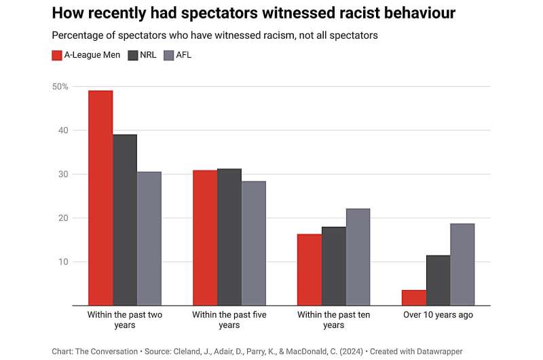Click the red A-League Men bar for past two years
pyautogui.click(x=100, y=198)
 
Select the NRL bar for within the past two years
pyautogui.click(x=125, y=220)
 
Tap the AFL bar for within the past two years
pyautogui.click(x=149, y=238)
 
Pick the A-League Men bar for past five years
pyautogui.click(x=205, y=238)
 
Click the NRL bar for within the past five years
pyautogui.click(x=229, y=237)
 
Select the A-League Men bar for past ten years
pyautogui.click(x=310, y=270)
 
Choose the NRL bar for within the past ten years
pyautogui.click(x=334, y=266)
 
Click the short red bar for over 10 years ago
pyautogui.click(x=414, y=298)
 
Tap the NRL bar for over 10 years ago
pyautogui.click(x=438, y=281)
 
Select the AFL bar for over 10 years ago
pyautogui.click(x=463, y=264)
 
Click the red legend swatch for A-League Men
pyautogui.click(x=57, y=55)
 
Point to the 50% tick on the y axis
pyautogui.click(x=60, y=86)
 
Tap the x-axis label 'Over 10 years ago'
pyautogui.click(x=438, y=315)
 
